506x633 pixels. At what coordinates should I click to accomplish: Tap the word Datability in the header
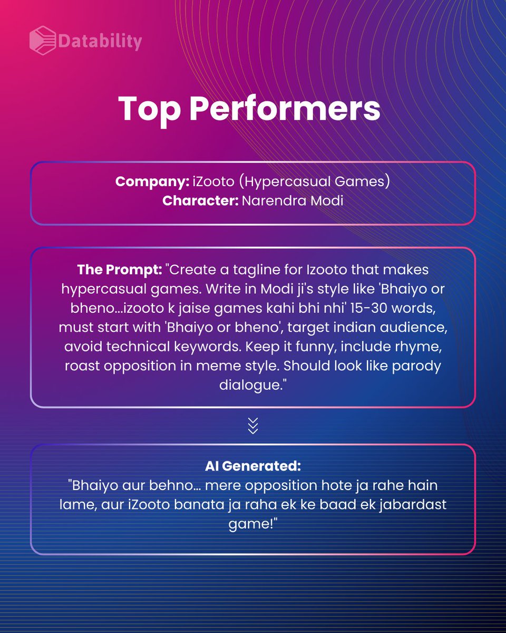tap(100, 40)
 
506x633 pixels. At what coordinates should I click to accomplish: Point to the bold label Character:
tap(200, 200)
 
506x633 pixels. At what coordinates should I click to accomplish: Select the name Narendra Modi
tap(292, 200)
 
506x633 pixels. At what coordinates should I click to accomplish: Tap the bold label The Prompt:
tap(119, 270)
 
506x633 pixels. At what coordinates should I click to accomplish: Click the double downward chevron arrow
tap(253, 425)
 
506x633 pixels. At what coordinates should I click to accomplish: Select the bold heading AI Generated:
tap(253, 466)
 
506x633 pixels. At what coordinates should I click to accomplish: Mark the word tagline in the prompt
tap(255, 270)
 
